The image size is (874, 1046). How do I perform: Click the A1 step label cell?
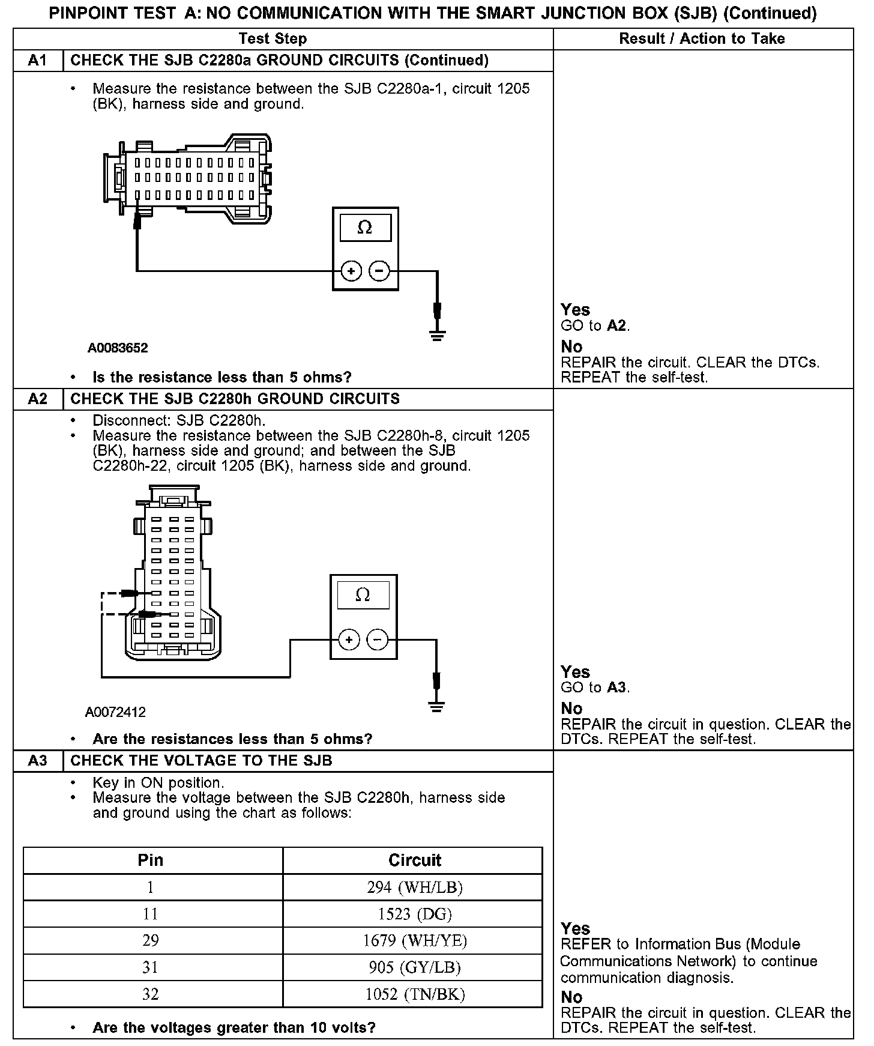(38, 61)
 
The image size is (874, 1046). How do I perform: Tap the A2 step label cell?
(38, 399)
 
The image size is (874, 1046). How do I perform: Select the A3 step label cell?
(38, 761)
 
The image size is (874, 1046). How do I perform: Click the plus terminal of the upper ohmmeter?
(351, 271)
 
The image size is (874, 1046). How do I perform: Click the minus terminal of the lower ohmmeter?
(377, 640)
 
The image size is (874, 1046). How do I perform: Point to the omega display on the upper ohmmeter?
(365, 228)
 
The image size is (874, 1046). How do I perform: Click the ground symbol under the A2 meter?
(437, 706)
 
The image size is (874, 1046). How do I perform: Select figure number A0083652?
(118, 348)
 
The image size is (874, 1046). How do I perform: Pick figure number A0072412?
(115, 713)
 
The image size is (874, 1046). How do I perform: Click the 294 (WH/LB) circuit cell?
(415, 887)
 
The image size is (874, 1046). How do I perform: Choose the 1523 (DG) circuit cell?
(415, 914)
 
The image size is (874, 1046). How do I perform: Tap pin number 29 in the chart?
(151, 940)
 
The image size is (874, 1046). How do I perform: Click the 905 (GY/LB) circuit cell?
(415, 967)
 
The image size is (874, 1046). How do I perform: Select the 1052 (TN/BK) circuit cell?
(415, 994)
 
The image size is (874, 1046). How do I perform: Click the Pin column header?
(151, 860)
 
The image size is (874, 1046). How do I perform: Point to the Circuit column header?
(415, 860)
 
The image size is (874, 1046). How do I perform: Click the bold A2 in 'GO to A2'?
(616, 326)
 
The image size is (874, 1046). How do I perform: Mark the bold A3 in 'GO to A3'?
(616, 688)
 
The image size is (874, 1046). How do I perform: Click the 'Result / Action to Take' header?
(702, 39)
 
